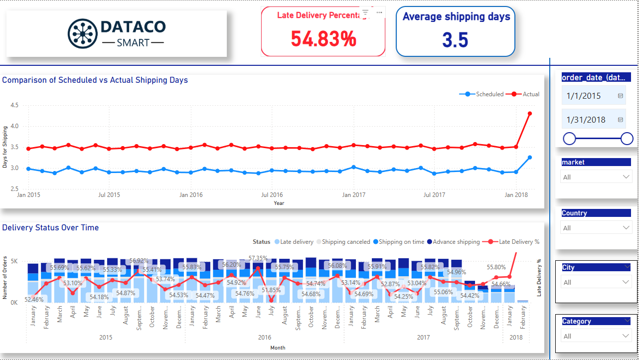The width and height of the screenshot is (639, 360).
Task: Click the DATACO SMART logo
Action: click(116, 33)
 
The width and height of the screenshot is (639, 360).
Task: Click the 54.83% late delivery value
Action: click(323, 38)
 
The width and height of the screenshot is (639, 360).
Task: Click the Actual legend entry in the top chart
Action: click(527, 94)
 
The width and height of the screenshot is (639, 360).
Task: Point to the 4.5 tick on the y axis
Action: click(14, 105)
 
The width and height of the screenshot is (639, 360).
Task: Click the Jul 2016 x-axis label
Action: click(272, 195)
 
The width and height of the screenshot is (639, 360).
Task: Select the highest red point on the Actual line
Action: click(530, 114)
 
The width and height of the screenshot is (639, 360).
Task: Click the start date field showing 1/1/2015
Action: click(588, 96)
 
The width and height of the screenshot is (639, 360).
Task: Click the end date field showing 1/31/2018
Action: click(588, 120)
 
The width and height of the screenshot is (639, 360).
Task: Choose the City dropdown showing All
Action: click(596, 282)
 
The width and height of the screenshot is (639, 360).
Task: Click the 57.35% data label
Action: click(258, 258)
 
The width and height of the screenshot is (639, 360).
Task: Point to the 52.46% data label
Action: click(34, 299)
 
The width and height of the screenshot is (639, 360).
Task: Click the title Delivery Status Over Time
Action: click(50, 228)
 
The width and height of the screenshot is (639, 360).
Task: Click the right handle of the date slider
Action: click(627, 139)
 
